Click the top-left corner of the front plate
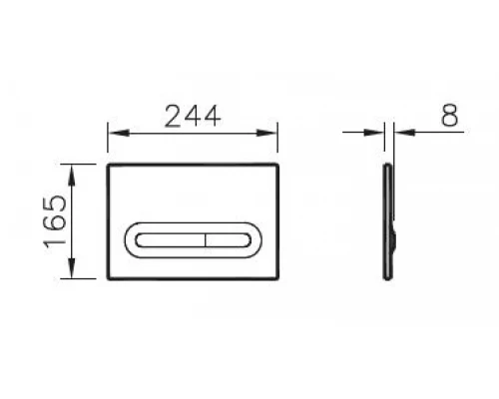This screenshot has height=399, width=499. (107, 163)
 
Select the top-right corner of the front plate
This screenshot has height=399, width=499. (276, 163)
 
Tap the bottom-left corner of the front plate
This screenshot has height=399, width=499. (107, 278)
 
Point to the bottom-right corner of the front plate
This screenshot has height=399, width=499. (276, 278)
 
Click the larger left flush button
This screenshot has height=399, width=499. (168, 240)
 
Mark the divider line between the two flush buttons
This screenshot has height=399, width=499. (206, 240)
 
